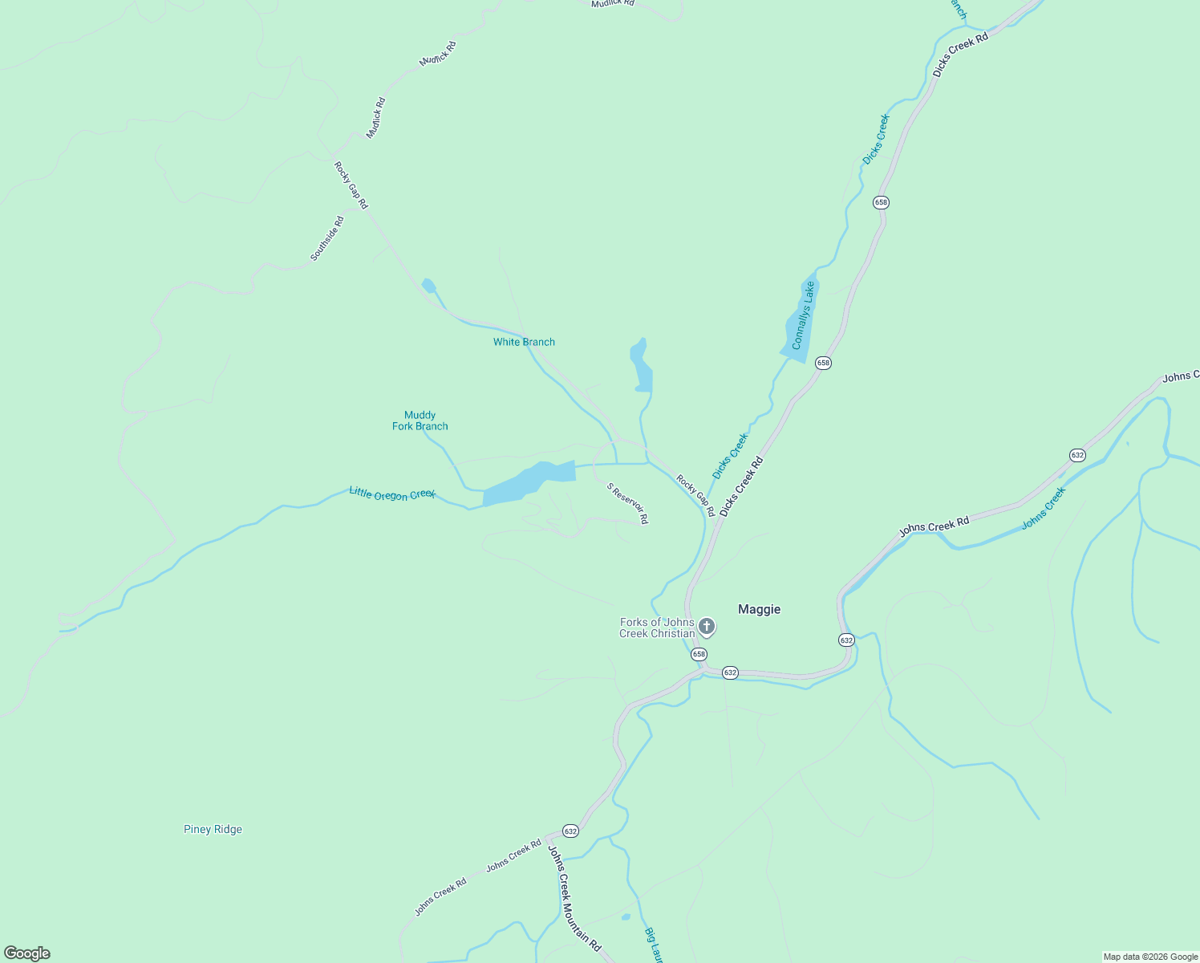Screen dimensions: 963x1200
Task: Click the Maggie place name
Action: pos(759,609)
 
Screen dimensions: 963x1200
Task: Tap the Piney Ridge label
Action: pos(213,829)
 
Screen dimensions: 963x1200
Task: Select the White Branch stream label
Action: pos(524,342)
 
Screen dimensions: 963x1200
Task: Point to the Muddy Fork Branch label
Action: pos(420,421)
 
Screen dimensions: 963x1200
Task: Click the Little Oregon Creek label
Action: pos(392,494)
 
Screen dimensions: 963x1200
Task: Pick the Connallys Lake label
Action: pos(803,315)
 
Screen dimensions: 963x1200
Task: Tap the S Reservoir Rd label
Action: pos(627,503)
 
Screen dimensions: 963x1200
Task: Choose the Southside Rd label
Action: pos(327,238)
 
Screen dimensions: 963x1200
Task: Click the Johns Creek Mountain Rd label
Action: pos(574,898)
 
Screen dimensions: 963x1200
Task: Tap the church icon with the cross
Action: pos(707,626)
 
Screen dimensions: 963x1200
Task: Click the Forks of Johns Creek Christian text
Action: pos(657,628)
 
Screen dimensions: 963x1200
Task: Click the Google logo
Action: pos(27,953)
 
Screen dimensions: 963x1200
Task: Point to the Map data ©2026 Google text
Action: pos(1150,957)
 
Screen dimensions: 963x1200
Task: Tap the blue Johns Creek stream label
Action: pos(1044,508)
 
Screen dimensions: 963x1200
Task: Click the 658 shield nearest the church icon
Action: pos(699,654)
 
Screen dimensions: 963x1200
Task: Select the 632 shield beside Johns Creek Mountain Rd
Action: pos(570,831)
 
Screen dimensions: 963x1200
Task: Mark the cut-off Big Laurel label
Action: pos(654,945)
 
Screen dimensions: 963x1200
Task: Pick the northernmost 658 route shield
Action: pos(881,202)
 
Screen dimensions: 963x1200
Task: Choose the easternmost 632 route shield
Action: pos(1077,455)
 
